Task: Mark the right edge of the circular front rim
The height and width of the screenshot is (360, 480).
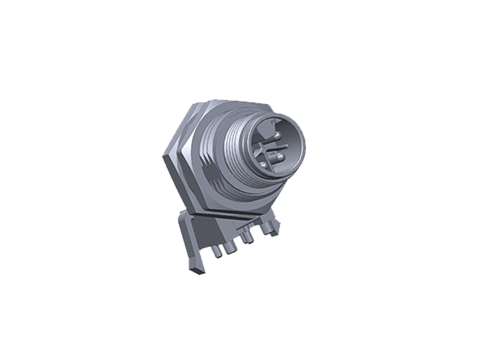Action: click(x=304, y=144)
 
